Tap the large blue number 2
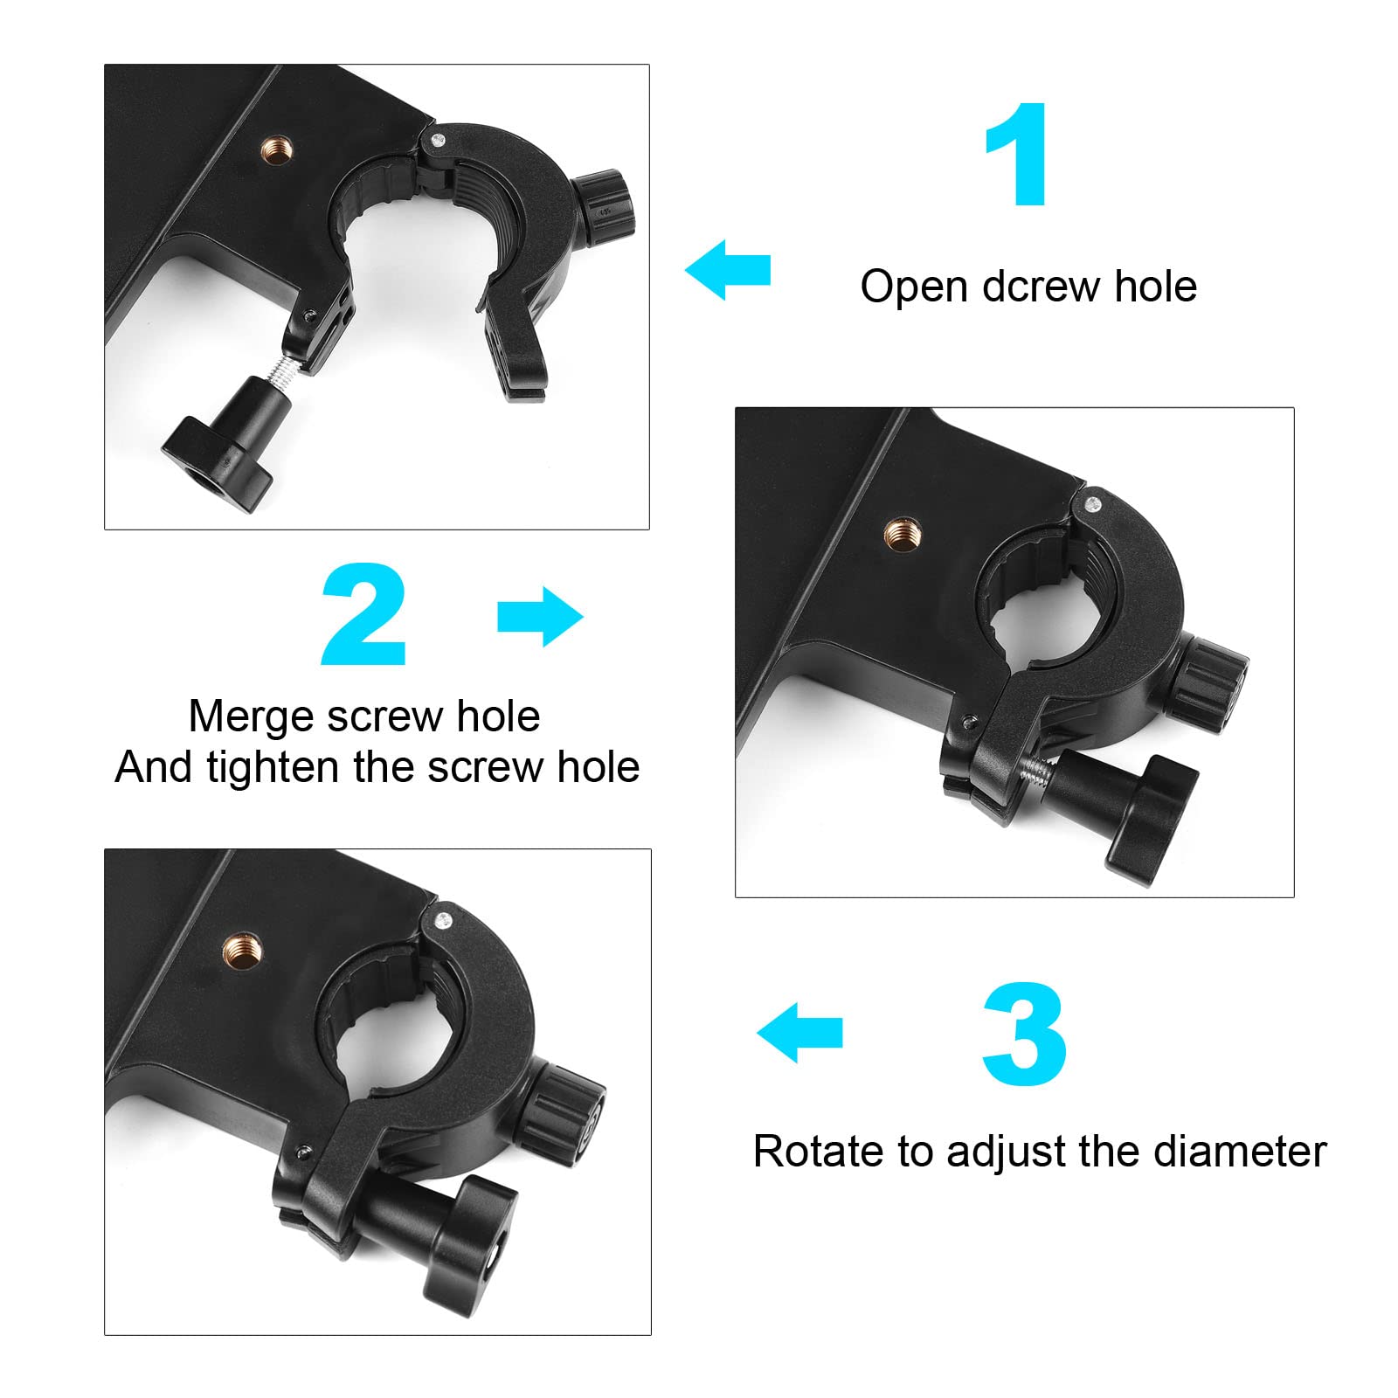[364, 615]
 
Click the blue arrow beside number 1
[727, 270]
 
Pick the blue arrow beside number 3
[799, 1032]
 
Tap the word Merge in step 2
[252, 717]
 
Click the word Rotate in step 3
[818, 1152]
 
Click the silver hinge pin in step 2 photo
[1092, 503]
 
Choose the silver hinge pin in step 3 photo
[443, 919]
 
